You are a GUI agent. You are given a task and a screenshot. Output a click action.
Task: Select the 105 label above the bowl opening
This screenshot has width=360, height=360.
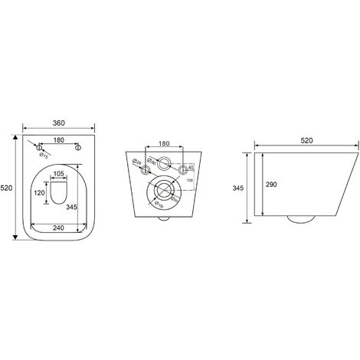58,174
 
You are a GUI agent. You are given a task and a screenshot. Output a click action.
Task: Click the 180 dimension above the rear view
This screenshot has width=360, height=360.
163,143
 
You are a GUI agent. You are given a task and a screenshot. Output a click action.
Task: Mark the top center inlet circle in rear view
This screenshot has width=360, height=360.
163,162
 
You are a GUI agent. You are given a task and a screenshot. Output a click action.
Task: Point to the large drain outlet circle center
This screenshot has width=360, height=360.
163,191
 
